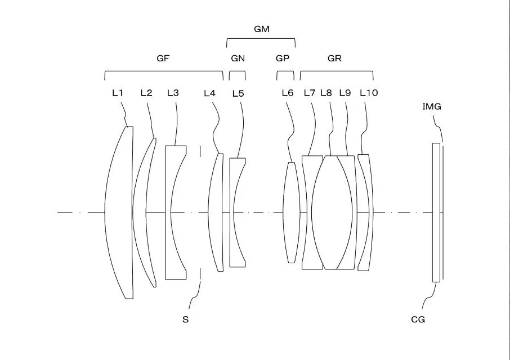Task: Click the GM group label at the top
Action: click(x=262, y=29)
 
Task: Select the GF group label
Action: click(x=163, y=58)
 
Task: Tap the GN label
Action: click(x=238, y=58)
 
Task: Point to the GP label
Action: click(x=283, y=58)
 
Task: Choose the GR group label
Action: click(x=334, y=58)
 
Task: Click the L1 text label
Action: click(x=118, y=93)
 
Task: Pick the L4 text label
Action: click(x=209, y=93)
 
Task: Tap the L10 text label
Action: click(x=369, y=93)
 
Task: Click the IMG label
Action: click(x=432, y=106)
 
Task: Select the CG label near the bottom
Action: click(x=418, y=319)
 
